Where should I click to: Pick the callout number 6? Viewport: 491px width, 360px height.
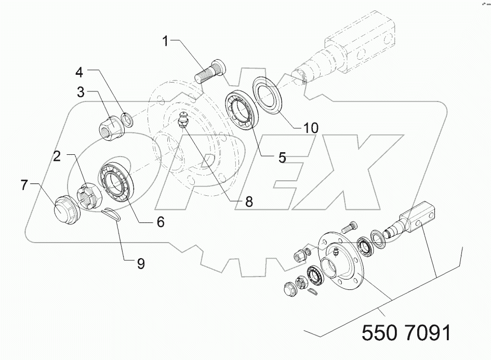pos(161,221)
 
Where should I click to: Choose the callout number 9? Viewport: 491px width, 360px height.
pos(140,263)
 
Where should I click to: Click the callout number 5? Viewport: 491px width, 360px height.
pos(282,157)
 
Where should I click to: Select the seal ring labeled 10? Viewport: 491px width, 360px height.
pos(268,93)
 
